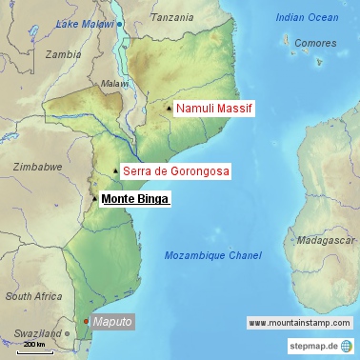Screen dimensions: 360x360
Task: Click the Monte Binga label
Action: (x=134, y=199)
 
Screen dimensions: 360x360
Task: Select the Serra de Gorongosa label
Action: (x=175, y=171)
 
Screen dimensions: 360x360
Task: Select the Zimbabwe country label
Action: (x=37, y=166)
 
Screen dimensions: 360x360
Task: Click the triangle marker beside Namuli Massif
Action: (x=169, y=109)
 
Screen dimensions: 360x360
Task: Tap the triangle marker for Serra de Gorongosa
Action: (x=115, y=171)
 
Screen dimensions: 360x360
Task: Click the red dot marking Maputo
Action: (x=85, y=322)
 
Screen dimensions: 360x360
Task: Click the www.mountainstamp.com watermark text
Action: (x=298, y=323)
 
